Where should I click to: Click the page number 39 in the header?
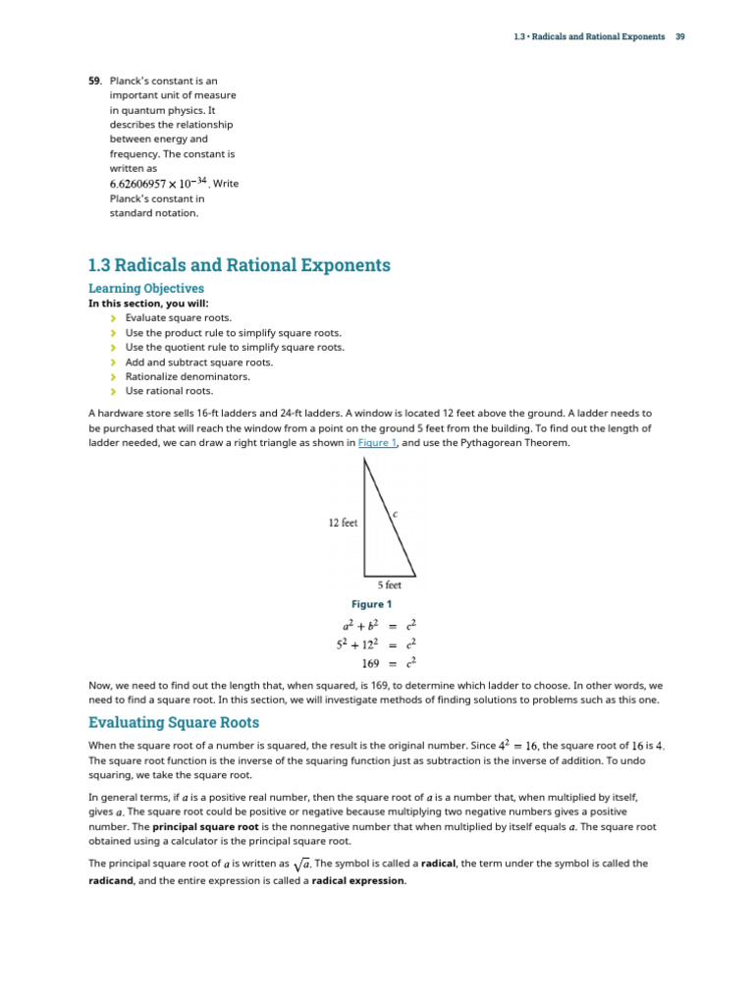click(679, 36)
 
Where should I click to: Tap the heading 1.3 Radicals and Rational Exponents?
click(239, 265)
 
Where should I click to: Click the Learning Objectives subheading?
click(146, 289)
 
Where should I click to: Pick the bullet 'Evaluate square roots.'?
click(179, 318)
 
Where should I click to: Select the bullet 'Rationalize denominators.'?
click(188, 376)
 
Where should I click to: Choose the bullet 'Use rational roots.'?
click(169, 391)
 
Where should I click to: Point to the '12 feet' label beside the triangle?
click(343, 523)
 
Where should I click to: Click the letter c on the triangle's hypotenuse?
click(395, 514)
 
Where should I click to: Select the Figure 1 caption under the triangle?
click(370, 604)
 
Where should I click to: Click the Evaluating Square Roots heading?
click(174, 723)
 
